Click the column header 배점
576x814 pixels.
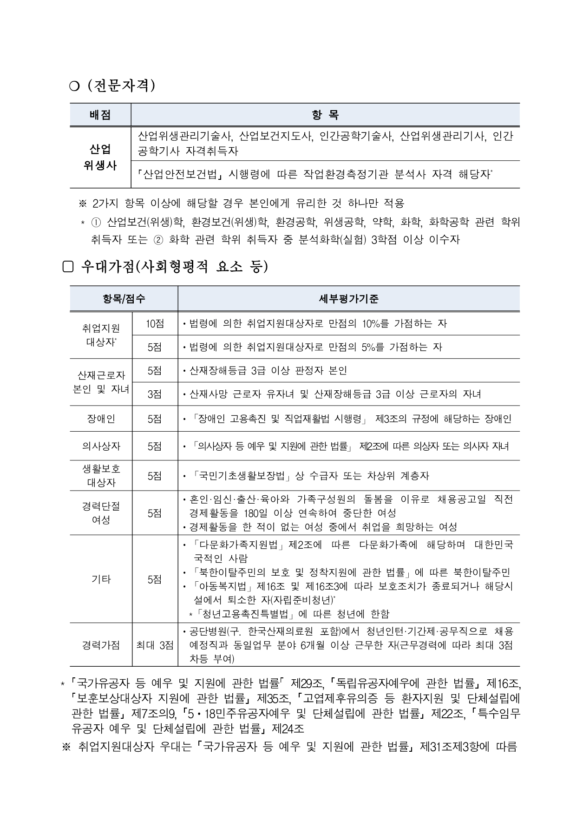[x=100, y=115]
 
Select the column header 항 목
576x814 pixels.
[x=325, y=115]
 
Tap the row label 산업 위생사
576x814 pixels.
[x=100, y=158]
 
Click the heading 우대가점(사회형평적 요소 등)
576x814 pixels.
[x=175, y=267]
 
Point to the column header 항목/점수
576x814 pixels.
[x=124, y=299]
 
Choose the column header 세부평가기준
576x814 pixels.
[x=348, y=299]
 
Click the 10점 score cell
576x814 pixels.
[x=155, y=324]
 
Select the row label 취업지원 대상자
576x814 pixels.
[x=101, y=335]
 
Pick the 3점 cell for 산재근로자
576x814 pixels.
[x=155, y=394]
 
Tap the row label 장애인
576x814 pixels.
[x=101, y=419]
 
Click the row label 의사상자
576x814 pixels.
[x=101, y=446]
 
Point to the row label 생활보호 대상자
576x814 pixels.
[x=101, y=475]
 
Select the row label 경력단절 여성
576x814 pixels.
[x=101, y=513]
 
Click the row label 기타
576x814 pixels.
[x=101, y=579]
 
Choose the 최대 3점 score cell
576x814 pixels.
[x=155, y=645]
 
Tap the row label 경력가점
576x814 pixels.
[x=101, y=645]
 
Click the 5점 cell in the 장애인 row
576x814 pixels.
[x=155, y=419]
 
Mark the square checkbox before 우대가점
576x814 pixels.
[x=68, y=267]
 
